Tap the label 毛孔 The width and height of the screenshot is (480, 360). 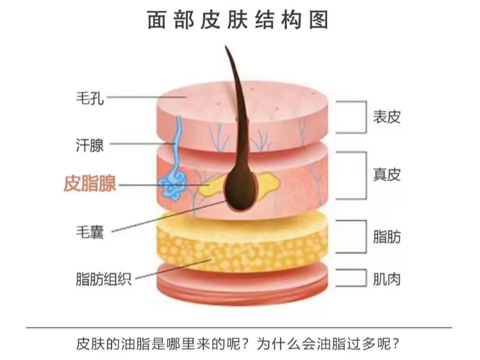pos(89,98)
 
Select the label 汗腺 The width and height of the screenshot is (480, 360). pos(89,145)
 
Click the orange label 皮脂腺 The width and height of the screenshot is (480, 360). pos(90,185)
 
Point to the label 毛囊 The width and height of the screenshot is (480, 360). pos(89,233)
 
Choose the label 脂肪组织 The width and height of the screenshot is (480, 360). pos(103,279)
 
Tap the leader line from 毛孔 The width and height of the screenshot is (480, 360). pos(147,97)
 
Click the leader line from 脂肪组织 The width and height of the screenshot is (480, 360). pos(172,270)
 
